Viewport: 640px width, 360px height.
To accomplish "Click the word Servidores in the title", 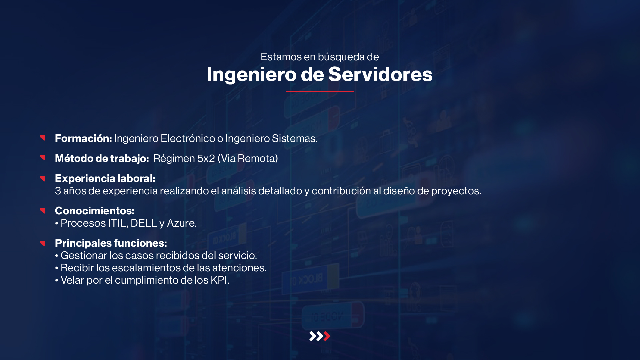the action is [380, 74].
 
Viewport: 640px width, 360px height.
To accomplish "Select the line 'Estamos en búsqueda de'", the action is [320, 57].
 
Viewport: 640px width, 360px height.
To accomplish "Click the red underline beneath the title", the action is [320, 91].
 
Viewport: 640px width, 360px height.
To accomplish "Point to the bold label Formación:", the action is [83, 138].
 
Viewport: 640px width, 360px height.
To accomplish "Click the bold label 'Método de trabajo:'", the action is [102, 158].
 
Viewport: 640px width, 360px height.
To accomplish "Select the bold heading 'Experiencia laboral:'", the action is [105, 178].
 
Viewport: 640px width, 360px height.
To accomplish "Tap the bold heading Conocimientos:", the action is [95, 211].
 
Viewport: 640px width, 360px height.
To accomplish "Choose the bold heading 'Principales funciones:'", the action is [111, 243].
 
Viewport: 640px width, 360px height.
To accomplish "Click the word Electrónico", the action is [188, 138].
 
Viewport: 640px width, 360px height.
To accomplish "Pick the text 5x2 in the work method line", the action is [206, 158].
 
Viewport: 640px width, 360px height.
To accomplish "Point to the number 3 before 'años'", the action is [58, 191].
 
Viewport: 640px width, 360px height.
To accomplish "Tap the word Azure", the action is [182, 223].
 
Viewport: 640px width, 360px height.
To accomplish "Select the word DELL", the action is [144, 223].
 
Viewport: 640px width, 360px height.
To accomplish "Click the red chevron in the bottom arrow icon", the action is [327, 336].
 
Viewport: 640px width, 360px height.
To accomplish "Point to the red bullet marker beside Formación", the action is [43, 138].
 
